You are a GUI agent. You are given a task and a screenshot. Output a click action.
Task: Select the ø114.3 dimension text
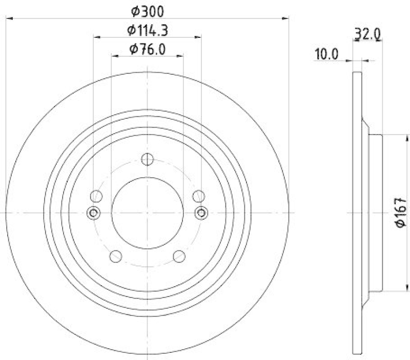point(147,31)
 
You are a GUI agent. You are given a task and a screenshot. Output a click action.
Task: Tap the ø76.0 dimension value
point(147,49)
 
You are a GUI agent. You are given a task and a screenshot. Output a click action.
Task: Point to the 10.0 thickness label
point(326,54)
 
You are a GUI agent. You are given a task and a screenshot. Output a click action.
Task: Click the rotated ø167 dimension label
point(400,213)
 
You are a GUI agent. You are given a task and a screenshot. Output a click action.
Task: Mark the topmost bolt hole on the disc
point(148,159)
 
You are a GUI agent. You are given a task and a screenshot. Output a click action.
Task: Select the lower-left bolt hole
point(116,256)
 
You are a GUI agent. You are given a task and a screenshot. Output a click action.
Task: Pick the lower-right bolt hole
point(179,256)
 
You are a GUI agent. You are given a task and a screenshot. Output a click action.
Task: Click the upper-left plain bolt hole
point(96,196)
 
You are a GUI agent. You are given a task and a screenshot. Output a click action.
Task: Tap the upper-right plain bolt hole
point(199,196)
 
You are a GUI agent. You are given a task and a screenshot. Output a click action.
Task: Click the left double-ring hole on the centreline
point(93,213)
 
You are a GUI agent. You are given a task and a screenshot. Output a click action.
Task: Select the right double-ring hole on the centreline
point(201,213)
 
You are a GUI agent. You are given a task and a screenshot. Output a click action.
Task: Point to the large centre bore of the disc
point(148,213)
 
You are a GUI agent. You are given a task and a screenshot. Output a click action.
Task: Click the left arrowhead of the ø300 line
point(8,18)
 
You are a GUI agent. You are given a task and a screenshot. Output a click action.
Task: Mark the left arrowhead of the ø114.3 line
point(96,37)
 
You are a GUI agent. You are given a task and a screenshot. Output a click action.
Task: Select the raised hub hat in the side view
point(375,213)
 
